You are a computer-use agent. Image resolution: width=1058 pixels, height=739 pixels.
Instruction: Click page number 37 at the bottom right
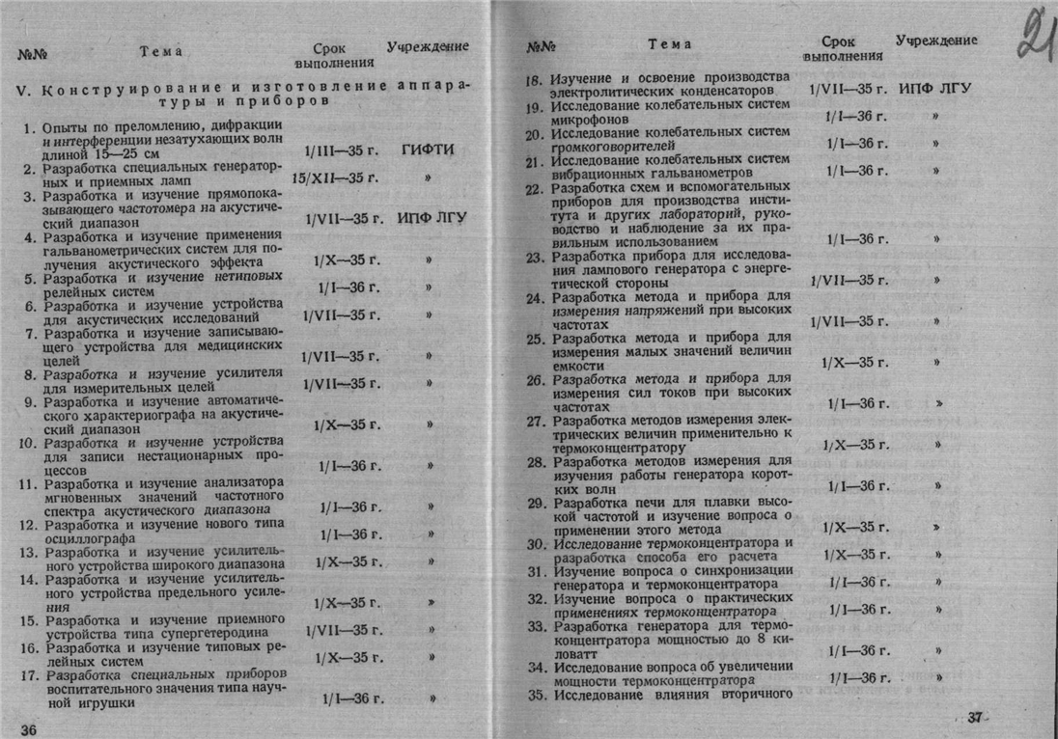click(x=978, y=717)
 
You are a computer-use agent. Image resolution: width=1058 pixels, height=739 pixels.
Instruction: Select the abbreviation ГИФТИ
click(x=426, y=151)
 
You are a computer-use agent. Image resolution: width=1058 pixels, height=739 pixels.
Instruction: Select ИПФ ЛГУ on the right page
click(x=933, y=89)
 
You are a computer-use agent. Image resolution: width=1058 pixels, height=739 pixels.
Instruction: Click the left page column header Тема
click(x=160, y=51)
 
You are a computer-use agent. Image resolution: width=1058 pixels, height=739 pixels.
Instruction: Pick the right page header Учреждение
click(x=935, y=41)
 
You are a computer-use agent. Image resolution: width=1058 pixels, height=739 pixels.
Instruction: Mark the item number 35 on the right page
click(x=537, y=694)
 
